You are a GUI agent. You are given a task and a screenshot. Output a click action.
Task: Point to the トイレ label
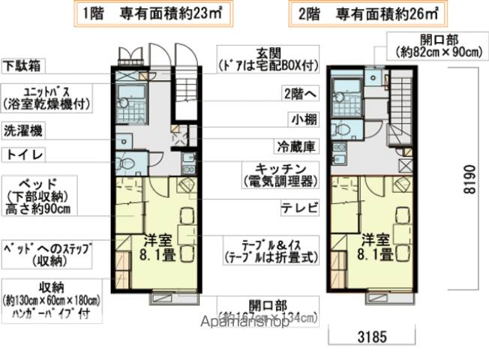click(x=22, y=154)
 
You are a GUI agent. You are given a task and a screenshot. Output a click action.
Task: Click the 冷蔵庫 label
click(x=296, y=145)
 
